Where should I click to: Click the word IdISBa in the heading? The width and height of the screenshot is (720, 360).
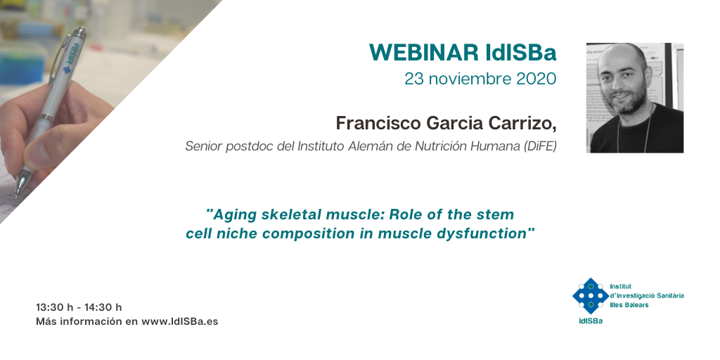pos(521,53)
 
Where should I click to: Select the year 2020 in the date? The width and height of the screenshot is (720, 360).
pos(536,79)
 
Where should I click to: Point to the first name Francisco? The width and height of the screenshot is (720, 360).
pos(378,123)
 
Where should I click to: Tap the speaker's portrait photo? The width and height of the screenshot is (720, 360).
pos(635,98)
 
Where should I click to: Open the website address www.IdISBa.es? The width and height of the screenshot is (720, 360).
pos(180,321)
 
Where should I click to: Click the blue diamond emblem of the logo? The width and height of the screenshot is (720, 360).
pos(591,296)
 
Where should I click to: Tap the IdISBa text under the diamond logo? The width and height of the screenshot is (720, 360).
pos(591,321)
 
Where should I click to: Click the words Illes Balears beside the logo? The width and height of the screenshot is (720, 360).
pos(629,305)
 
